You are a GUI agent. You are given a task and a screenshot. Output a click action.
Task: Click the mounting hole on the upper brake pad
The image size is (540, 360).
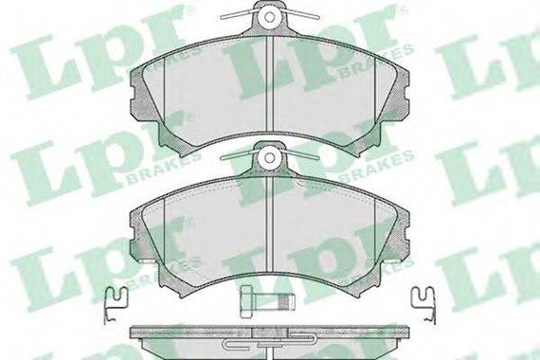click(270, 16)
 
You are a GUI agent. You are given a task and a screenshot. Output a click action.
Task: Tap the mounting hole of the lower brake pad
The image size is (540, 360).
click(270, 158)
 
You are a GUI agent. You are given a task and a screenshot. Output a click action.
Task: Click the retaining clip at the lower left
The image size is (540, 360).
click(115, 305)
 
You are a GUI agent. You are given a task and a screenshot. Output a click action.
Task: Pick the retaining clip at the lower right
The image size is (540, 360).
click(423, 305)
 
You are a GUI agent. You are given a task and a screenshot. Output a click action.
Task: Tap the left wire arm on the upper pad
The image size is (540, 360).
click(240, 14)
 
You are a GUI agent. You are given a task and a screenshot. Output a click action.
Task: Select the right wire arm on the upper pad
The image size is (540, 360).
click(299, 14)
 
